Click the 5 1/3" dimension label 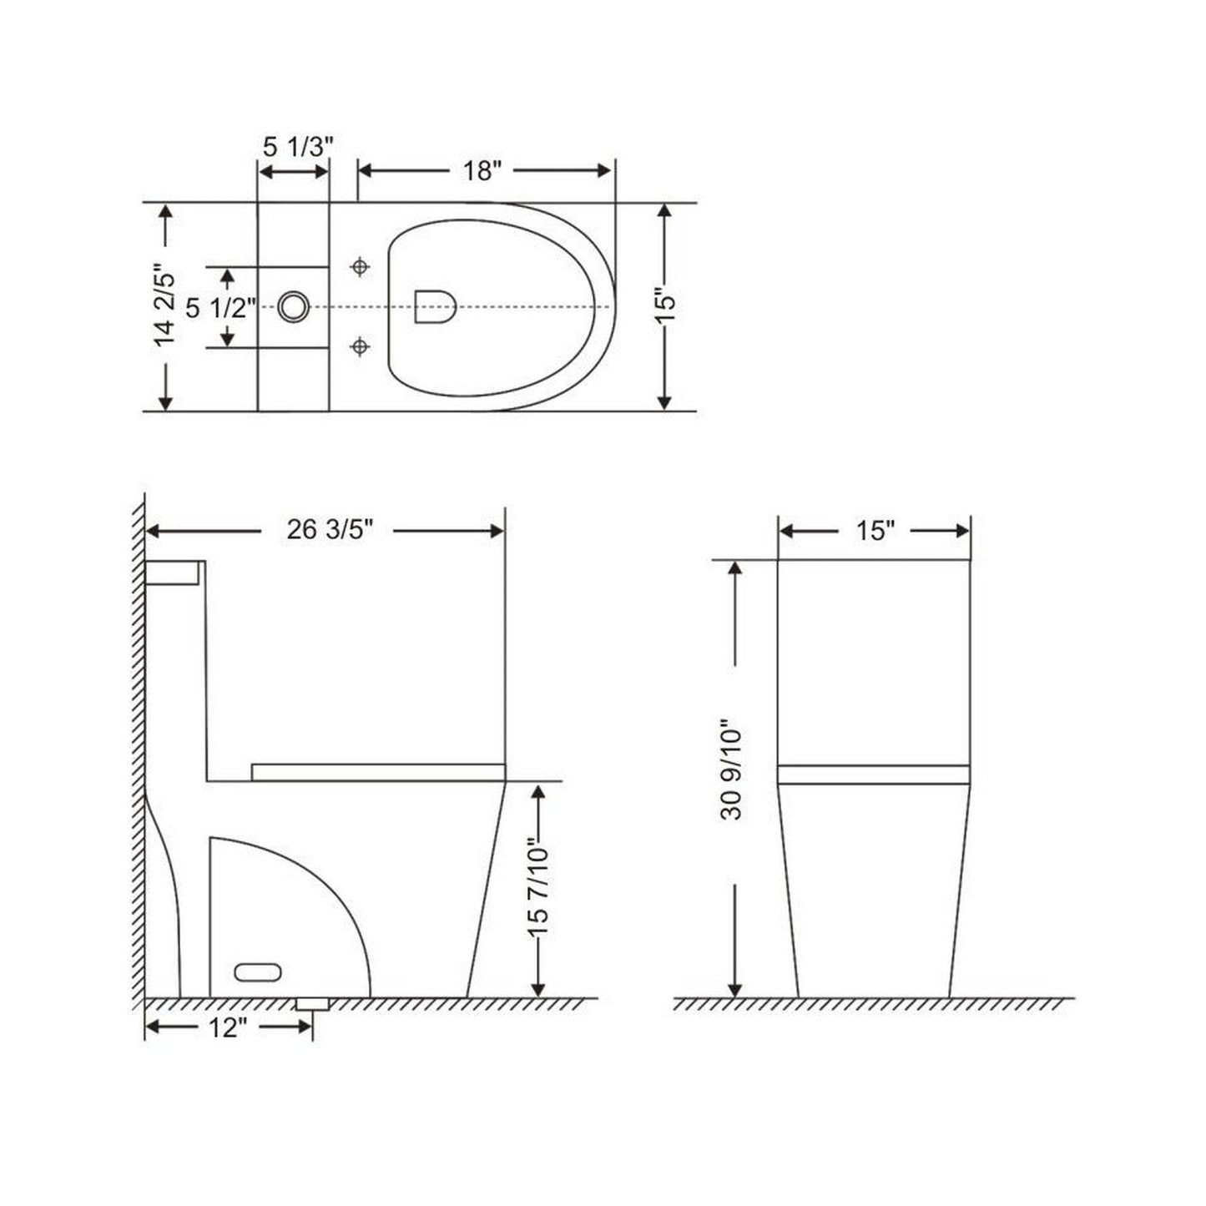[298, 147]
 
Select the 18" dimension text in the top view [482, 170]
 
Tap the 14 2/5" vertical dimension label [166, 307]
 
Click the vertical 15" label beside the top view [665, 307]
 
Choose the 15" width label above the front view [874, 531]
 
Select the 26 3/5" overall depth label [329, 530]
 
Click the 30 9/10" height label [732, 769]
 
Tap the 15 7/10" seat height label [539, 890]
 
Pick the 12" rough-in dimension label [225, 1028]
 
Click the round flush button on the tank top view [293, 307]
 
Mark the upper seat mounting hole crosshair [360, 267]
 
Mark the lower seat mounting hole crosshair [360, 346]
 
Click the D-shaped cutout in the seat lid [434, 306]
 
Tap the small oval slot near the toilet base [258, 971]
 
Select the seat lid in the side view [378, 771]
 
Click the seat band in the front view [873, 775]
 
